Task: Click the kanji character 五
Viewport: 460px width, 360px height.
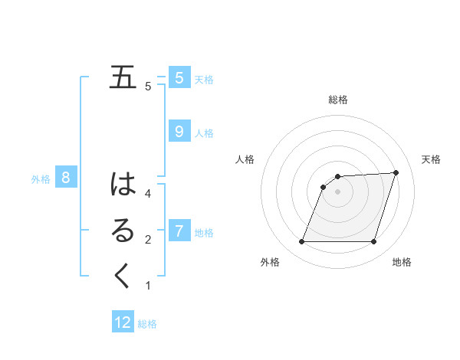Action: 123,78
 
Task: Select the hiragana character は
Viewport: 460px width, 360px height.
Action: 123,185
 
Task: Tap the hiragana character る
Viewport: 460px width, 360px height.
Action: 123,231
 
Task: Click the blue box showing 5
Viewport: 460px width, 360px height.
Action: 179,77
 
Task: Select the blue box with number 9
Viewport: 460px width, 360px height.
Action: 179,131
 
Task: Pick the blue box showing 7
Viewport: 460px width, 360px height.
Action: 179,231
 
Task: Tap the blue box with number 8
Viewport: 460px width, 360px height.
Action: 66,178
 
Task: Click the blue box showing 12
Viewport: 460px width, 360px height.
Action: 123,322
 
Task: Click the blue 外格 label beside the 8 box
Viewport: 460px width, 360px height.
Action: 41,179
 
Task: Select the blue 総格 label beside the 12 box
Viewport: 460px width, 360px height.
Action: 147,324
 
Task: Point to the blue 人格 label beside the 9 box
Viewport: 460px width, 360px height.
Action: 204,133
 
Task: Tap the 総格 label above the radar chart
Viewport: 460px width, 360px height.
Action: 338,100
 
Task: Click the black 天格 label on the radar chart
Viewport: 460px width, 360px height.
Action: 431,159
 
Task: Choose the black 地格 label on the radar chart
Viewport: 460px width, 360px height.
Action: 402,262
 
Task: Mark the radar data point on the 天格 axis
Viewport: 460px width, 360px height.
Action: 396,172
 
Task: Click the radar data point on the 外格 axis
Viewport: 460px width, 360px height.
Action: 301,242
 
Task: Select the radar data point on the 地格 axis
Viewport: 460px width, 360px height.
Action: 373,242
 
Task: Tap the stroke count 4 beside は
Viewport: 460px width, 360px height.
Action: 148,194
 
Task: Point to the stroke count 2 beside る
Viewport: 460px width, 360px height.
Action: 148,240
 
